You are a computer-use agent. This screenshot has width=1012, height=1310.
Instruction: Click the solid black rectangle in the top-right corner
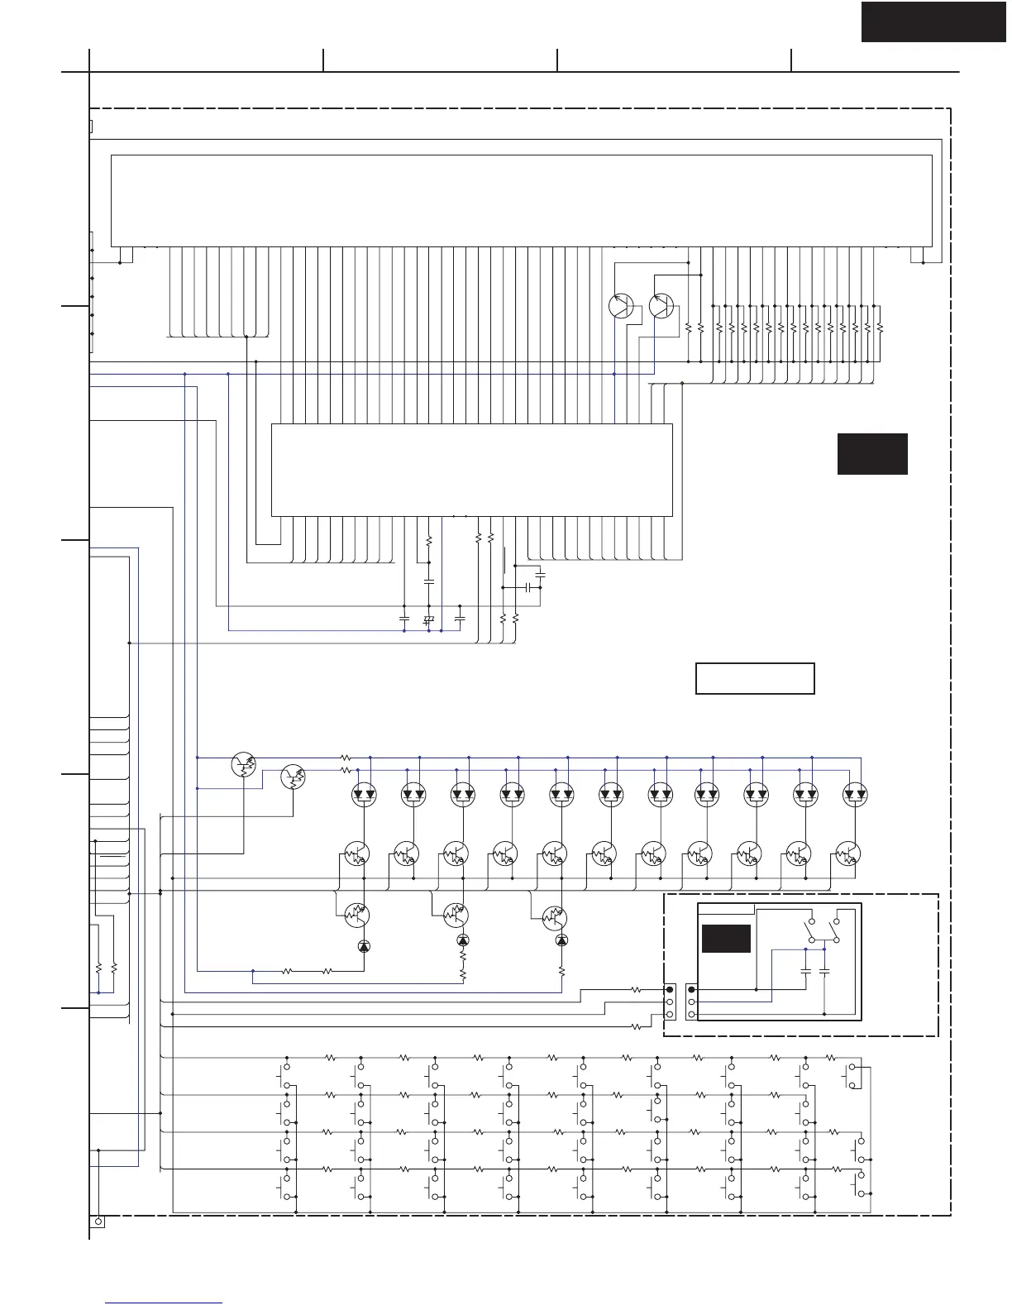tap(933, 22)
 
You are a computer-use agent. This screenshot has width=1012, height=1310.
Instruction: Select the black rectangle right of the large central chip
tap(872, 453)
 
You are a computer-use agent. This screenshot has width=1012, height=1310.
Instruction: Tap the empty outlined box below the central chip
tap(755, 678)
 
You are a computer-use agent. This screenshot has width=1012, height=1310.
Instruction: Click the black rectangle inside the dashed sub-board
tap(726, 939)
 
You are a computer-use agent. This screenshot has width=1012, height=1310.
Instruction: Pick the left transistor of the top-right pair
tap(621, 306)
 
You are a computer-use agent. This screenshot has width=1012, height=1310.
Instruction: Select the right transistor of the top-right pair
tap(661, 306)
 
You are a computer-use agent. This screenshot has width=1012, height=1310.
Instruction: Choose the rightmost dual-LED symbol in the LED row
tap(855, 795)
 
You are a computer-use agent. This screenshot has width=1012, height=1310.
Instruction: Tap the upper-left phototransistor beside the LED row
tap(244, 765)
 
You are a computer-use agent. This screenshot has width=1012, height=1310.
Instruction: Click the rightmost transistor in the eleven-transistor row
tap(847, 853)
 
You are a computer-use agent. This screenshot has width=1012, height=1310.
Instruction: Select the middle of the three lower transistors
tap(456, 915)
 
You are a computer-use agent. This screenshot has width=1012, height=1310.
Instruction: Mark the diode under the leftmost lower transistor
tap(364, 946)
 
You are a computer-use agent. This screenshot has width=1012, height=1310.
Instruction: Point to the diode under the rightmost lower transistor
tap(562, 940)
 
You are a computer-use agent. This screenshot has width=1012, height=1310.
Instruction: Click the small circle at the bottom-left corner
tap(98, 1222)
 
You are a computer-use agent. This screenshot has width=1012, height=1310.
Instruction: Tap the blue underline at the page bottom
tap(165, 1303)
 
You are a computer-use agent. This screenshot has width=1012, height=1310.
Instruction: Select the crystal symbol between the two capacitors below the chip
tap(428, 619)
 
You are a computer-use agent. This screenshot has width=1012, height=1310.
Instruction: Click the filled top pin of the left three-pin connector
tap(670, 989)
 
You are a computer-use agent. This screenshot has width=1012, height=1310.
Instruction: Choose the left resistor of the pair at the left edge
tap(98, 967)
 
